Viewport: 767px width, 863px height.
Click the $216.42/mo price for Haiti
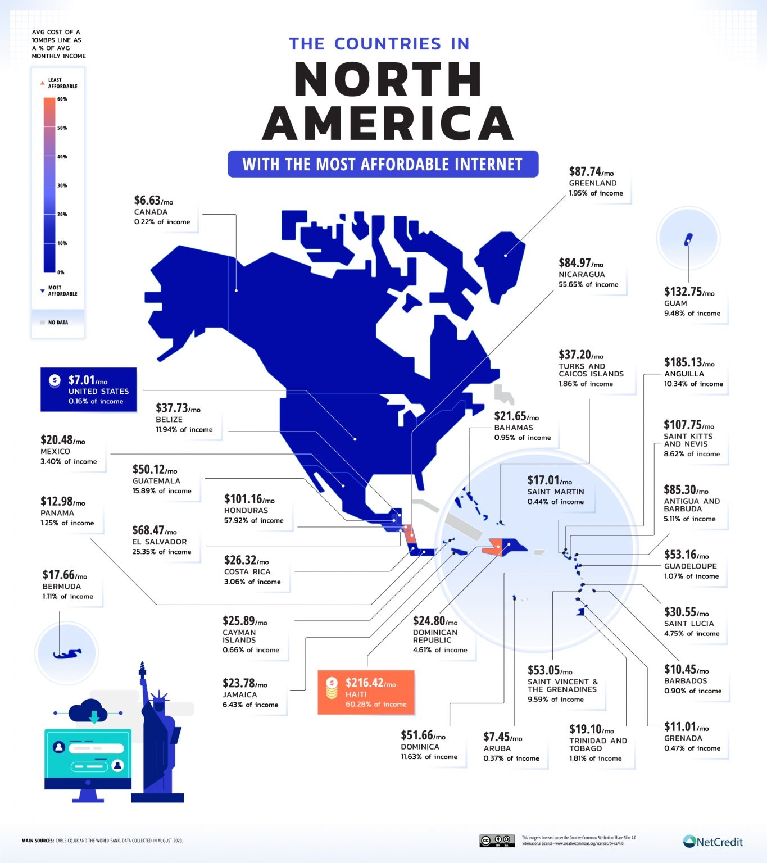[370, 683]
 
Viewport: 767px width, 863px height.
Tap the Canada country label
[151, 212]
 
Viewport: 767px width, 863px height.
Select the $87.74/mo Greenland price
[591, 172]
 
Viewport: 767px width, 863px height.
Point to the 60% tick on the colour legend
[61, 99]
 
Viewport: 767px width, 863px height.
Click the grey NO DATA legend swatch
[42, 323]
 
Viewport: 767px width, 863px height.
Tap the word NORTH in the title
[388, 80]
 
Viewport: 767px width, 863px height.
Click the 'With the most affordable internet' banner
[383, 164]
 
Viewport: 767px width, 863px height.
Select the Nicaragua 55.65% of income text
[588, 284]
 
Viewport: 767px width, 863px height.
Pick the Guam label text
[675, 303]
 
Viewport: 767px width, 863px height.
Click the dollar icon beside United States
[55, 380]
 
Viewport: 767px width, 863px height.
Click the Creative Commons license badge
[497, 841]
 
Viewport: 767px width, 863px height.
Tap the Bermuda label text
[62, 586]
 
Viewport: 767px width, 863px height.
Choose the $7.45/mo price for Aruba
[502, 737]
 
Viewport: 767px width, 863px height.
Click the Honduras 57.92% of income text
[253, 520]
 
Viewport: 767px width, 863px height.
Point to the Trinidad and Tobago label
[597, 744]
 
